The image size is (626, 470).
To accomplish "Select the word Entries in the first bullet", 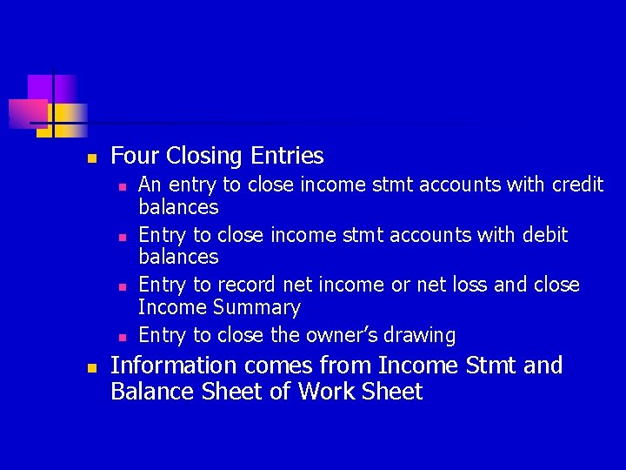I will click(x=287, y=157).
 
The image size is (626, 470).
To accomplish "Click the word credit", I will click(x=576, y=185).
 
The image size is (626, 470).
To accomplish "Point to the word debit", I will click(x=546, y=235).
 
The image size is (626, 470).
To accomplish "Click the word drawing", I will click(x=424, y=336).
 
